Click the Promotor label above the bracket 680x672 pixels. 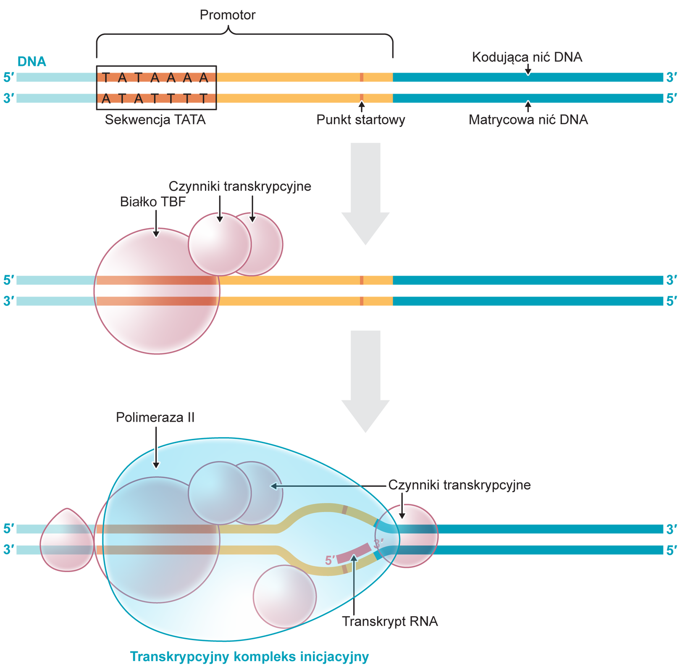(227, 15)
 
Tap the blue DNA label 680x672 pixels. (32, 62)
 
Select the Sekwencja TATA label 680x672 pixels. (155, 120)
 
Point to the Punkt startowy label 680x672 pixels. (361, 120)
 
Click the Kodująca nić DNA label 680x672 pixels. (527, 57)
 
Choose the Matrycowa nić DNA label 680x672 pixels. (528, 120)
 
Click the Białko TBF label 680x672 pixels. (152, 202)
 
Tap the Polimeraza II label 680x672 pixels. (155, 417)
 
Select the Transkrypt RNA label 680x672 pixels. (390, 622)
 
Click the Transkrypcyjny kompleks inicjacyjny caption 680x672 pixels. (249, 657)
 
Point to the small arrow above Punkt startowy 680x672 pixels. (362, 108)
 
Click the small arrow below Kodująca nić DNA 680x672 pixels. (528, 68)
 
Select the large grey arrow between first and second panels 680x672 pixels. (365, 193)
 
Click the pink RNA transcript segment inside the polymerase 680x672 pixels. (354, 553)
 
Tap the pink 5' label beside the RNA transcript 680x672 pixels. (330, 560)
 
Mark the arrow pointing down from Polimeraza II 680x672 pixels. (156, 447)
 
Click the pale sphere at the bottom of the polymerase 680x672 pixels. (284, 596)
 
